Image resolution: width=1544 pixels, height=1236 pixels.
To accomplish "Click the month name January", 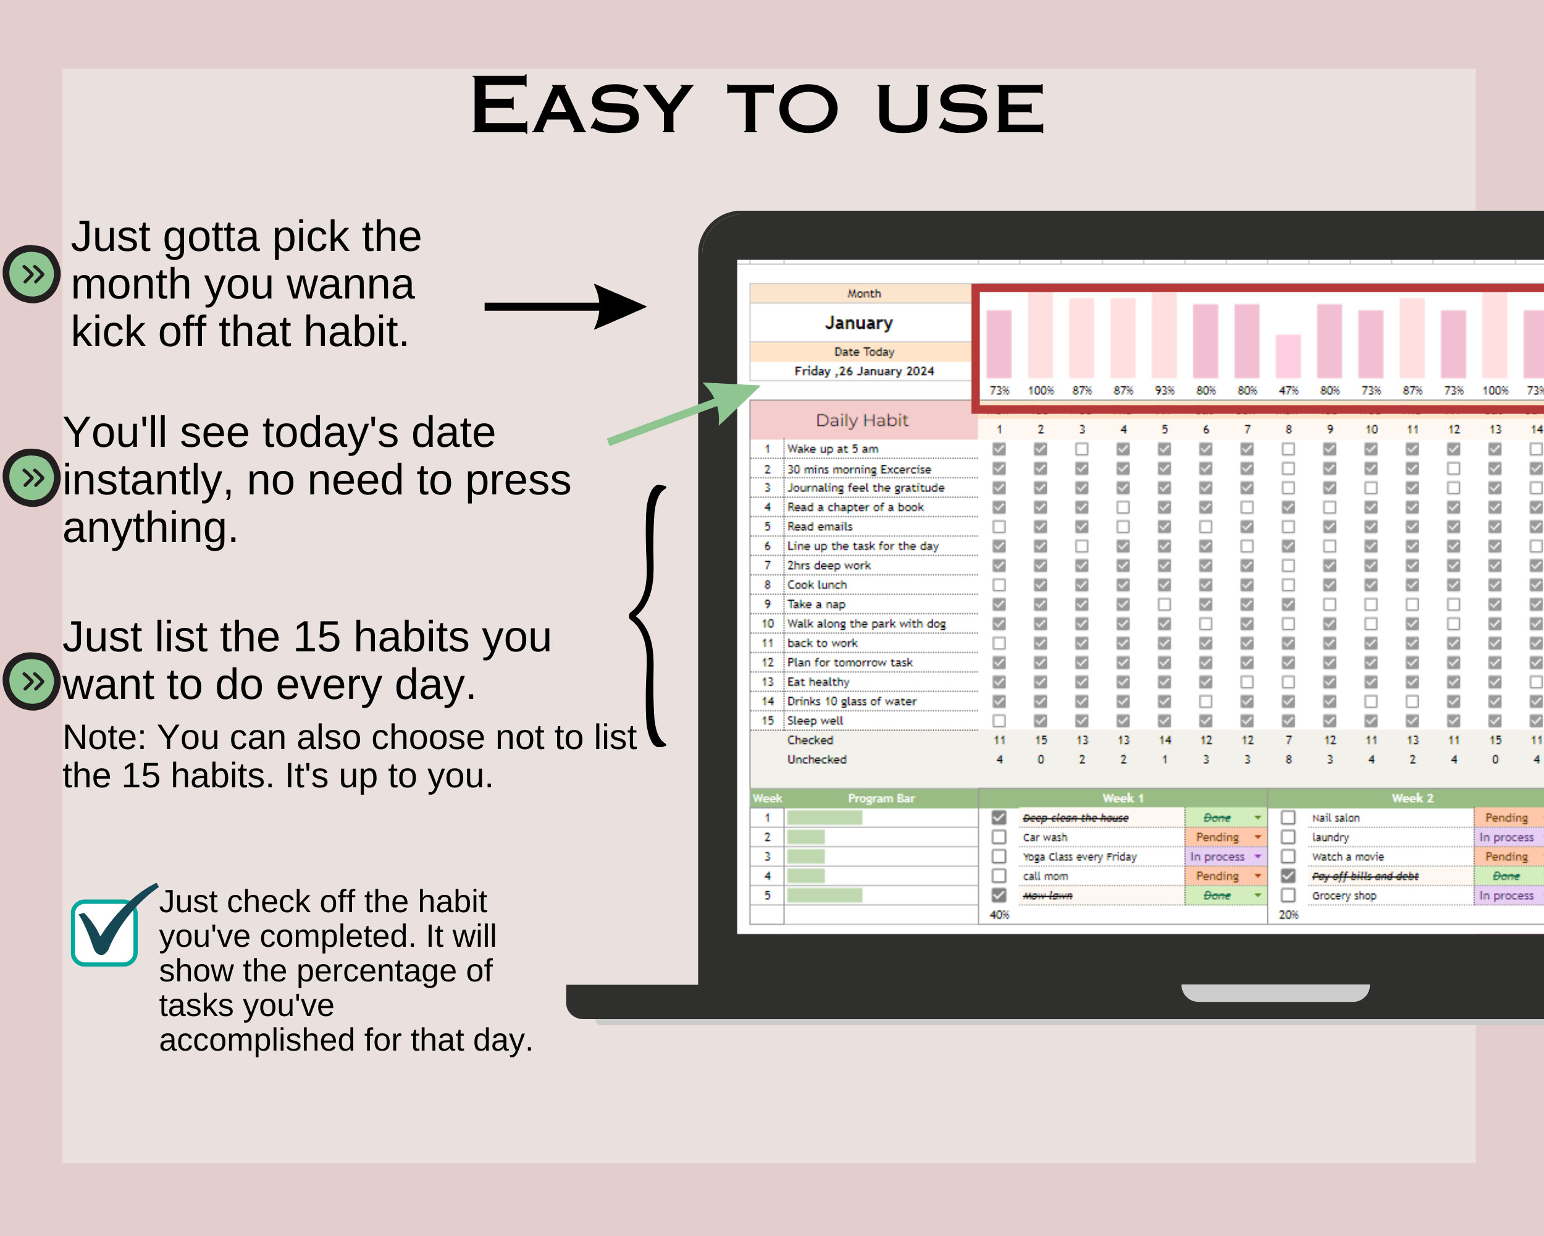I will [x=858, y=323].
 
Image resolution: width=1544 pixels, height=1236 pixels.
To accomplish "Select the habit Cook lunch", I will [x=816, y=585].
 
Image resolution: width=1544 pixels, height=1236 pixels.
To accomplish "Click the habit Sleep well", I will [x=815, y=721].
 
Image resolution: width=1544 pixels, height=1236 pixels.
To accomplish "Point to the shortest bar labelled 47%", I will [x=1288, y=356].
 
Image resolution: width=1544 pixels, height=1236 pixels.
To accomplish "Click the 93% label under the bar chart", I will [x=1164, y=391].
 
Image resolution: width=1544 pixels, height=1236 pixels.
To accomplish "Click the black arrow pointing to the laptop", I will [x=566, y=307].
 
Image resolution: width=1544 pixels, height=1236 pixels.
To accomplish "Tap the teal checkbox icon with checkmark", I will [x=105, y=931].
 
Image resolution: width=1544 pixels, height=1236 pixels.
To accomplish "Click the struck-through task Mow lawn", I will [x=1047, y=895].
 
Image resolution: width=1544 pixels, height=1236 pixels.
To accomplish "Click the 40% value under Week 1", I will [x=999, y=915].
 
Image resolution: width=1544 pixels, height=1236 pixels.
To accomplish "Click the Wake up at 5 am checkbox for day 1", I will [x=999, y=449].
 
